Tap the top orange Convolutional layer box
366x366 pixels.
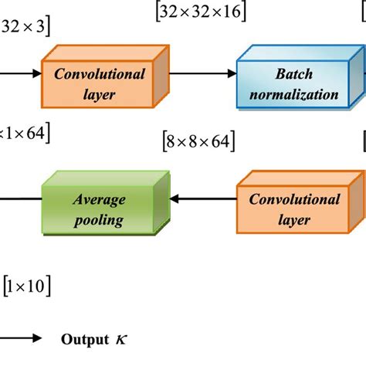pos(99,85)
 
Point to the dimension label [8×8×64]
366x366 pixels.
pos(198,141)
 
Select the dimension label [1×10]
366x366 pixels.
pos(27,287)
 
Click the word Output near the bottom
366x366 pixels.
pos(83,339)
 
